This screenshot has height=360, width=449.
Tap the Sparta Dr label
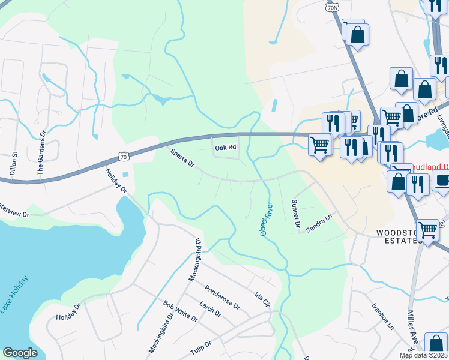[182, 158]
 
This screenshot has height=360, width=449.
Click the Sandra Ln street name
[319, 224]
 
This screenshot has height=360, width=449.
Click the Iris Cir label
[261, 299]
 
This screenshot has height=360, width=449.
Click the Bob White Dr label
[181, 309]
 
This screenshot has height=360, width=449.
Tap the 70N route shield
[334, 6]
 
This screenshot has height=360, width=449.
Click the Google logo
[20, 353]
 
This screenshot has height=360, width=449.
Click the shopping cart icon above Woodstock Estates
[427, 229]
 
